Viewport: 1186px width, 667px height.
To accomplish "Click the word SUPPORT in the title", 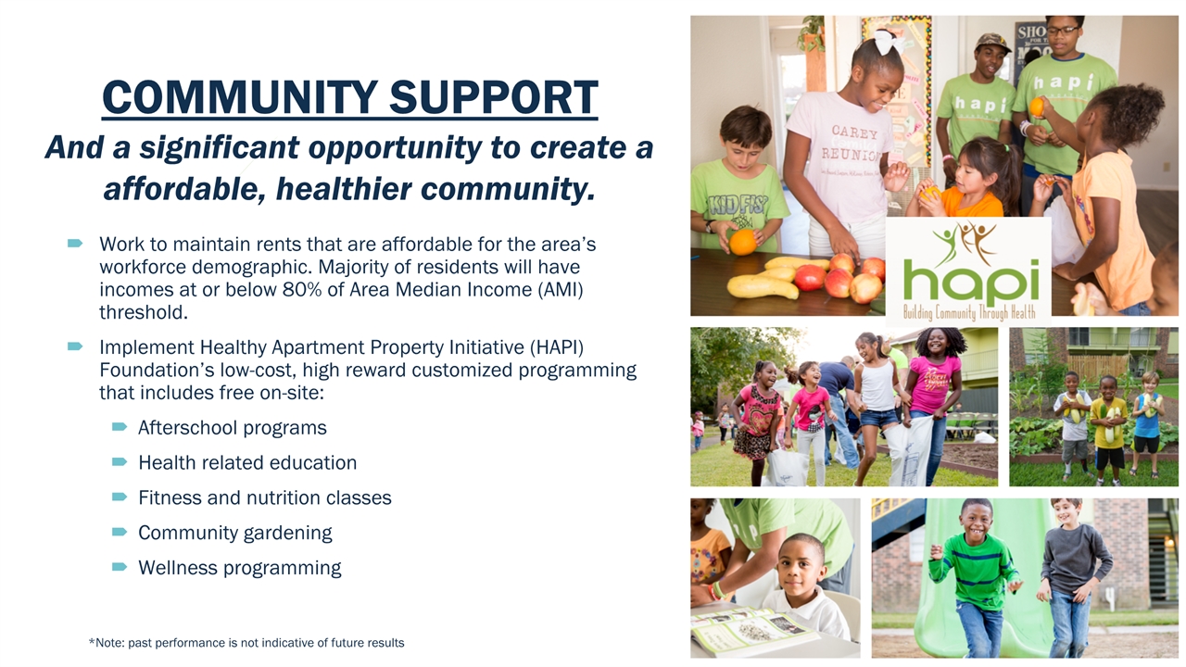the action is pos(494,97).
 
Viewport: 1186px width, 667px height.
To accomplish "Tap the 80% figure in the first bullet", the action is pos(302,290).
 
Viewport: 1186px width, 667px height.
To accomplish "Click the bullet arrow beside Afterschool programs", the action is pos(120,427).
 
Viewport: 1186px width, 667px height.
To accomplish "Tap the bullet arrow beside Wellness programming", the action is pos(120,567).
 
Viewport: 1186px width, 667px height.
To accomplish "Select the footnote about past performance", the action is pos(246,643).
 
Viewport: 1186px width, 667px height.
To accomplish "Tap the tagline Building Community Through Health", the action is pos(969,312).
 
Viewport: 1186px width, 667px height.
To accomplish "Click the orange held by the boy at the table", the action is pos(743,243).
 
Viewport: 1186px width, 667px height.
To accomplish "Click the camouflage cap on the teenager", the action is pos(991,42).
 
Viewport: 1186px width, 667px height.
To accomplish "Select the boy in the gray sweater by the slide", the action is pos(1071,577).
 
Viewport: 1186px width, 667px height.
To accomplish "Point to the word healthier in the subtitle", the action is pos(344,188).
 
